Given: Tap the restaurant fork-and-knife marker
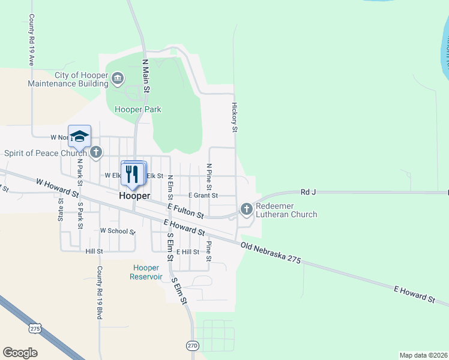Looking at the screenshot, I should pos(133,174).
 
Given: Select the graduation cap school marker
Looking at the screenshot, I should pos(79,136).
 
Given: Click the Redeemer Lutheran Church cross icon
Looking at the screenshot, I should pos(246,209).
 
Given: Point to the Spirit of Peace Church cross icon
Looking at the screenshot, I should pos(96,152).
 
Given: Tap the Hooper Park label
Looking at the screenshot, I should pos(138,109).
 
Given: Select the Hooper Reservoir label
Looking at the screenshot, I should pos(146,272).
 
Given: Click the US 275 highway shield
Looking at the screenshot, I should pos(35,329).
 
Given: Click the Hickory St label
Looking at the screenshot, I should pos(235,116).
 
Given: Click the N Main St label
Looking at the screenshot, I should pos(145,75).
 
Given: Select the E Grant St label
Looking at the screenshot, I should pos(203,196).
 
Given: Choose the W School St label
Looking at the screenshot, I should pos(118,230).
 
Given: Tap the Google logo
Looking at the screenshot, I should pos(20,353).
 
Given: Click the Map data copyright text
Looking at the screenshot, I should pos(423,355).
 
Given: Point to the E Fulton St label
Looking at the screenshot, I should pos(185,210).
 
